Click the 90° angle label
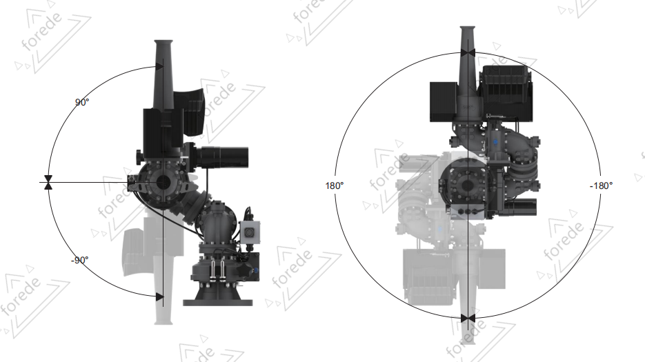pos(82,102)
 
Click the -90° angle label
pos(79,260)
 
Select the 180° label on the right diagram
pos(334,185)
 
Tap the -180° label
pos(601,185)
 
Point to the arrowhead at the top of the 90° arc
pos(159,67)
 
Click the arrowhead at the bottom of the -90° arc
pos(159,296)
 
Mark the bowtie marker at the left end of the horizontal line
pos(48,182)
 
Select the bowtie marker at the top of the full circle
pos(468,52)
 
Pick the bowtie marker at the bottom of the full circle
pos(468,318)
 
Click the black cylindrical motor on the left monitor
pos(222,157)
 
